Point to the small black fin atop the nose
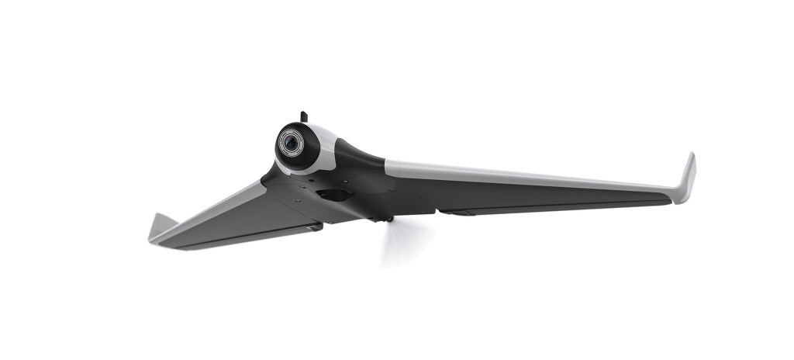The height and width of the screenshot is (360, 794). [x=304, y=117]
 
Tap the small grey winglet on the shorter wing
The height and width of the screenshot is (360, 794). [x=161, y=226]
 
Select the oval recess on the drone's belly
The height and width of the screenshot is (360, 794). [x=332, y=195]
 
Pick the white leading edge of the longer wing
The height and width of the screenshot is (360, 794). [x=527, y=175]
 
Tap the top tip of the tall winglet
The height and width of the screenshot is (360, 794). [x=692, y=156]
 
